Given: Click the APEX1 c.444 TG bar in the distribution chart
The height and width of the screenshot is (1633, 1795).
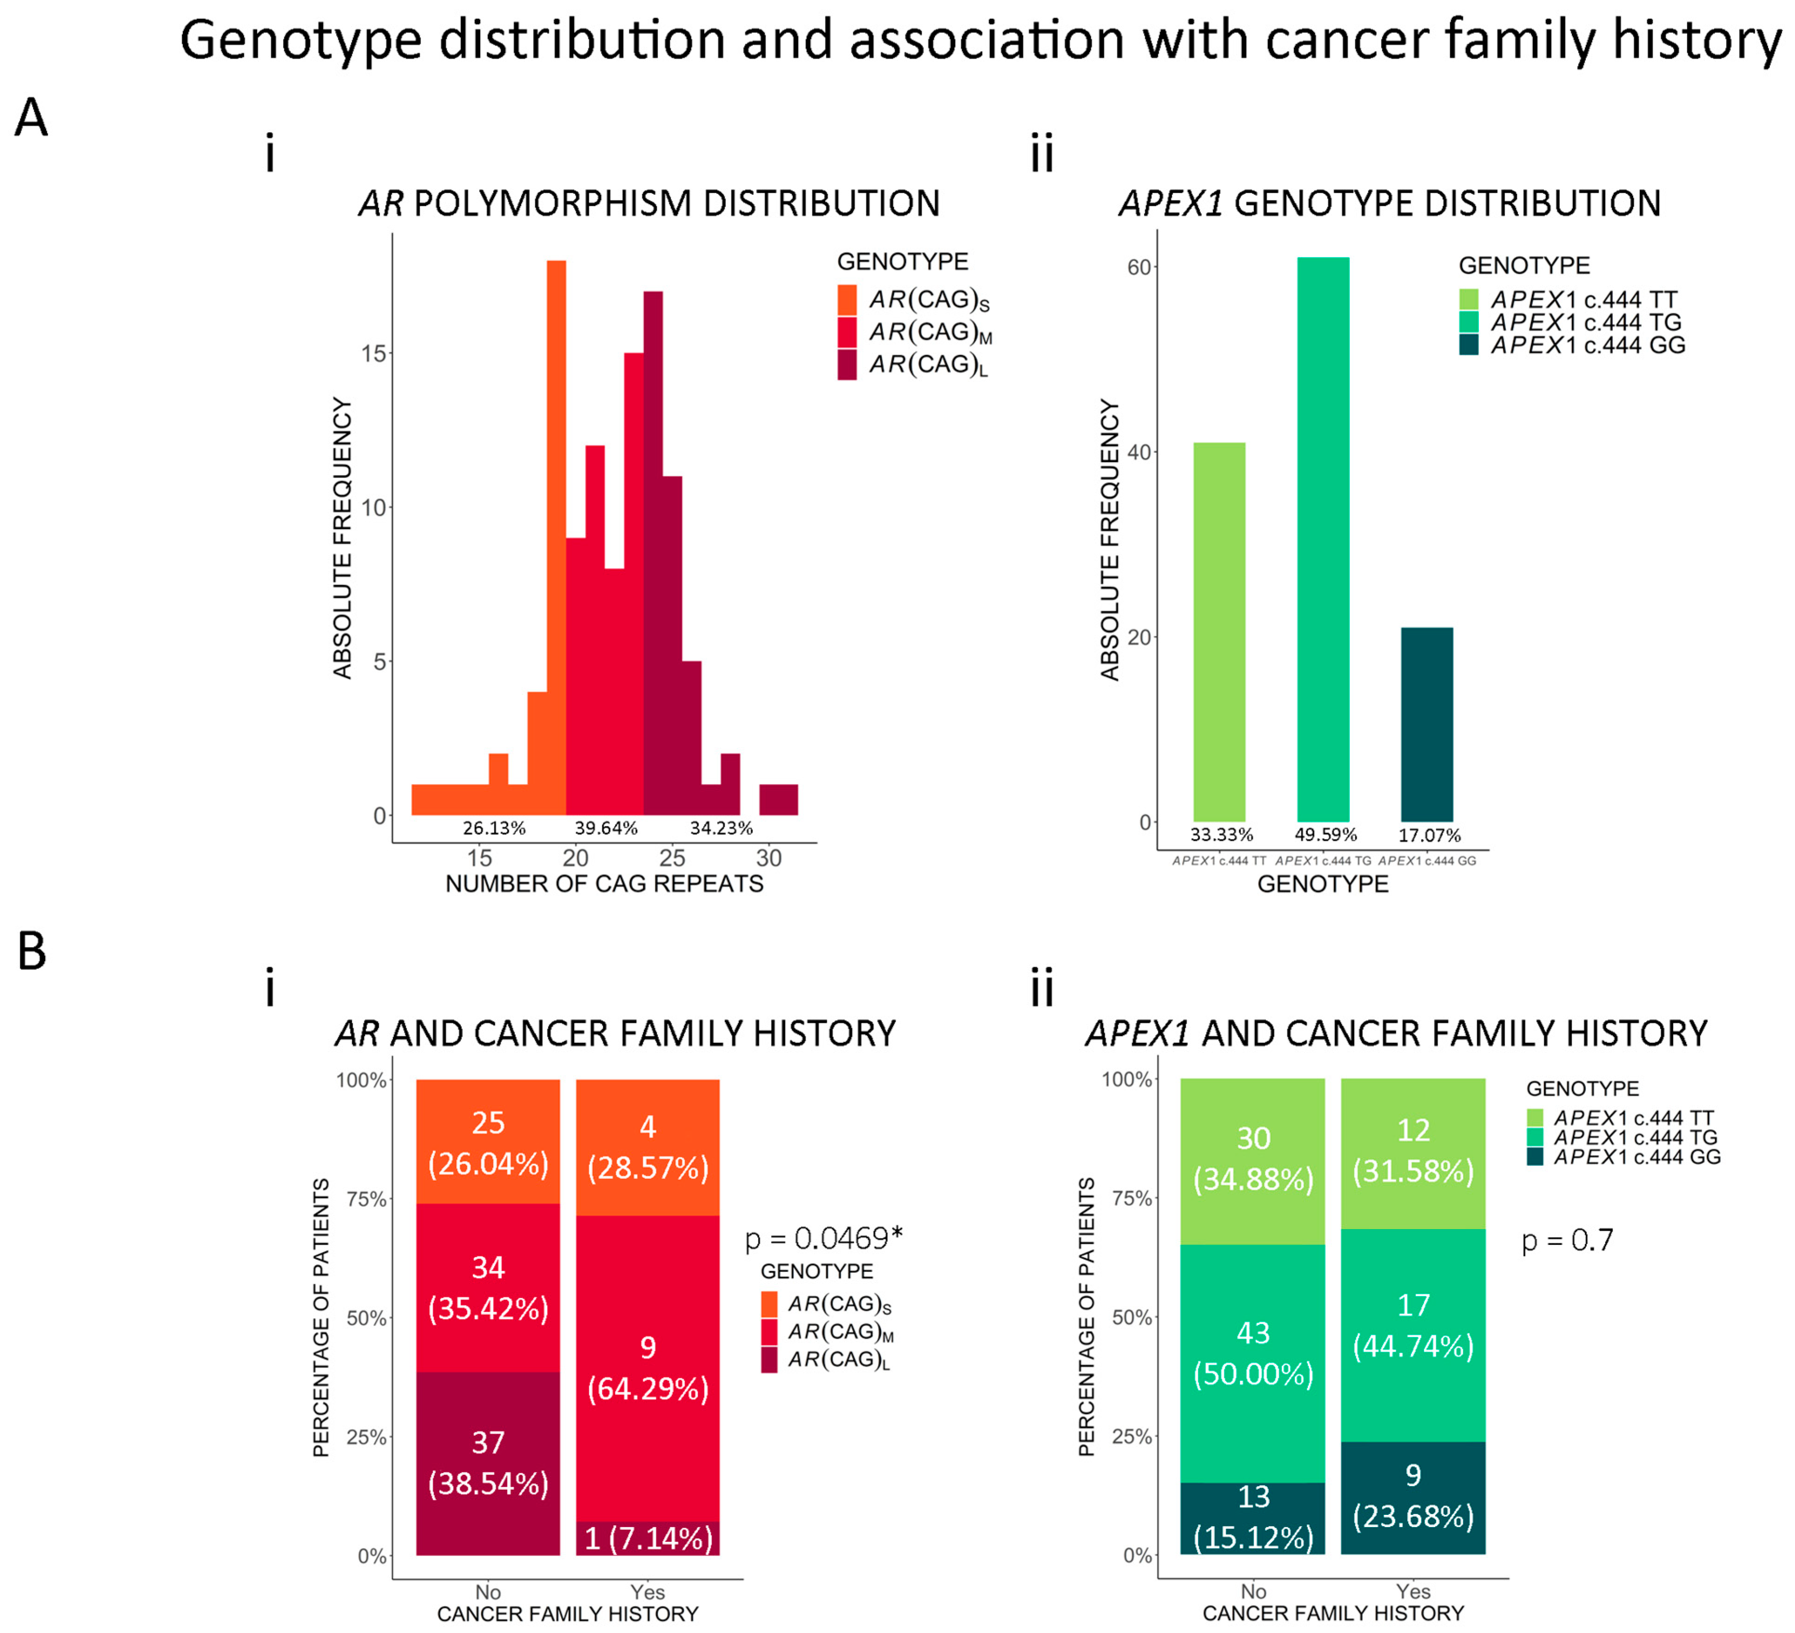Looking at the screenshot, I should tap(1323, 539).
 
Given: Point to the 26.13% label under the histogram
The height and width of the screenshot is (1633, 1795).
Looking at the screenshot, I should tap(494, 828).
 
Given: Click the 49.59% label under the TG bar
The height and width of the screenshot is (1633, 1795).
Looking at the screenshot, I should tap(1326, 834).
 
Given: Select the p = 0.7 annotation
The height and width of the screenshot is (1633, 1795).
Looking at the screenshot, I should tap(1567, 1239).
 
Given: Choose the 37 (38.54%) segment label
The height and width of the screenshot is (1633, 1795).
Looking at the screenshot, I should tap(488, 1463).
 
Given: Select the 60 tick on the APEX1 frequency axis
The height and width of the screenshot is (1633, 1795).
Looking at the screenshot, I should tap(1139, 267).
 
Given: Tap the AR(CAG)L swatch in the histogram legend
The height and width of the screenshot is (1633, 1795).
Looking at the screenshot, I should tap(847, 364).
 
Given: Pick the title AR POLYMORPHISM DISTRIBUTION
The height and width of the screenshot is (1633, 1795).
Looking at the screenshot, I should tap(649, 203).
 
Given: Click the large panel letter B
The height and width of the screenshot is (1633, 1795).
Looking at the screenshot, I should tap(32, 951).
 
